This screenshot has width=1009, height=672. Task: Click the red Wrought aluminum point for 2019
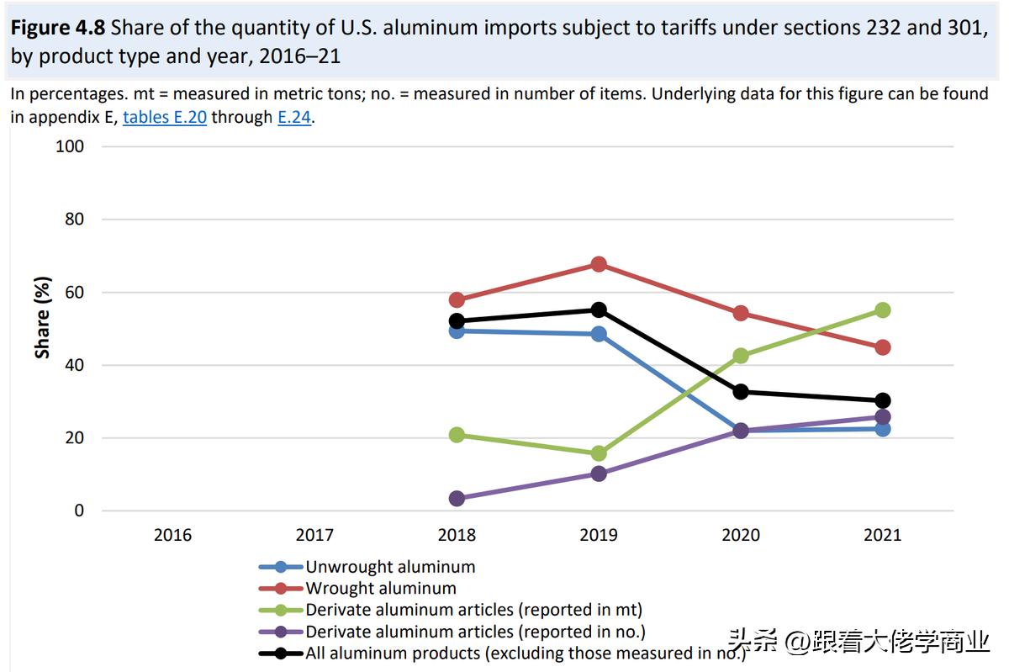pyautogui.click(x=599, y=264)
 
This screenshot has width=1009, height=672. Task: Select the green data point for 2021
pyautogui.click(x=882, y=310)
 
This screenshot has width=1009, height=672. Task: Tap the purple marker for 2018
pyautogui.click(x=457, y=499)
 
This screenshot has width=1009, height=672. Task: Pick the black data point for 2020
pyautogui.click(x=741, y=392)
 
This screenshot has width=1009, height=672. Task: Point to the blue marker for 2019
pyautogui.click(x=599, y=334)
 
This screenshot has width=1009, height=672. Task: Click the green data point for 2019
pyautogui.click(x=599, y=453)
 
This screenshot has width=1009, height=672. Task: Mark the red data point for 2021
pyautogui.click(x=882, y=347)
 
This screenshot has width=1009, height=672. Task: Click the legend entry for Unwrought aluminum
pyautogui.click(x=390, y=567)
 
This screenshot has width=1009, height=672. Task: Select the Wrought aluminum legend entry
pyautogui.click(x=380, y=589)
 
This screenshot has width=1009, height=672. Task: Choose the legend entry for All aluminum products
pyautogui.click(x=525, y=653)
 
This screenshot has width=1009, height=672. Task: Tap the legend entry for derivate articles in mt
pyautogui.click(x=473, y=610)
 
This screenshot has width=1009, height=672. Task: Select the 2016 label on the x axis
pyautogui.click(x=172, y=535)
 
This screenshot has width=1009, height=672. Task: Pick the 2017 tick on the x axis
pyautogui.click(x=314, y=535)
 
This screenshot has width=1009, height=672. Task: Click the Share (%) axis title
pyautogui.click(x=42, y=318)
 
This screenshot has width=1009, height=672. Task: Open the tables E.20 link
pyautogui.click(x=165, y=118)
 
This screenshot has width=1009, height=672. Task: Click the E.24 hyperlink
pyautogui.click(x=294, y=118)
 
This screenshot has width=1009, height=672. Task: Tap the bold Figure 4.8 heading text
pyautogui.click(x=57, y=28)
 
